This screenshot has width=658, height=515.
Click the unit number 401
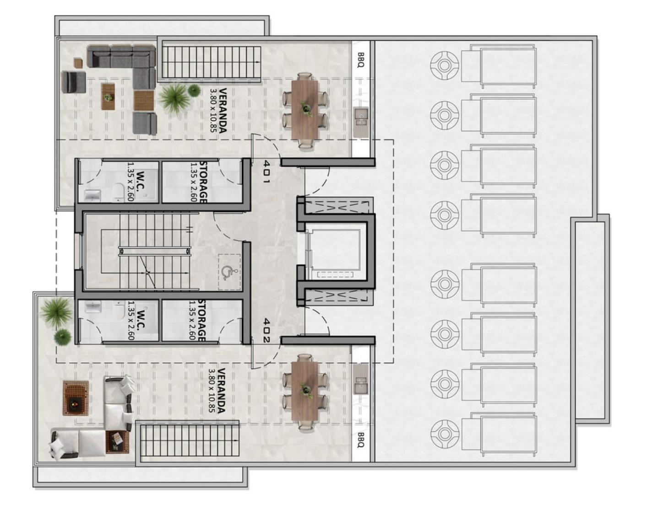(266, 172)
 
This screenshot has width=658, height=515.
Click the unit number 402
(266, 330)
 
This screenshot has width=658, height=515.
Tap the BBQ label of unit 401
(360, 59)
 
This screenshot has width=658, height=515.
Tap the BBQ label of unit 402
(360, 440)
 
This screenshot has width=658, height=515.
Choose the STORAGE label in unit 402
(202, 321)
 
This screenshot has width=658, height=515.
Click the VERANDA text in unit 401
(223, 110)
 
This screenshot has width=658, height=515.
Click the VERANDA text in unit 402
(222, 391)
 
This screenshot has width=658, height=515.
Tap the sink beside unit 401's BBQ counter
(361, 117)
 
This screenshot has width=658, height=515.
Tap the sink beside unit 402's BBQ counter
(360, 384)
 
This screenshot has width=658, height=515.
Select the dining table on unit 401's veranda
(305, 110)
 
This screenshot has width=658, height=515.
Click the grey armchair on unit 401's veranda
(73, 82)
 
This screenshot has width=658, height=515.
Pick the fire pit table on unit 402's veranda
(76, 398)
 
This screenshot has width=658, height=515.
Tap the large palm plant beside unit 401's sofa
(174, 98)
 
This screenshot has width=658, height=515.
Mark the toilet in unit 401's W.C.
(119, 193)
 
